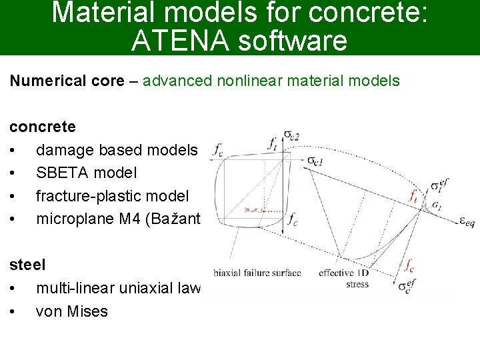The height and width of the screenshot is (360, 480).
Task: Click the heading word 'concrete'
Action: (43, 127)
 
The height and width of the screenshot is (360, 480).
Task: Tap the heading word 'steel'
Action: (27, 265)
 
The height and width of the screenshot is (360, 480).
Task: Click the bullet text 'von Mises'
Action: (71, 311)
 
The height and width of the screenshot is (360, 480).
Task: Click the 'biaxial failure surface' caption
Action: (257, 273)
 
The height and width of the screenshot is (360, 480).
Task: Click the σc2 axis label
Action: (292, 135)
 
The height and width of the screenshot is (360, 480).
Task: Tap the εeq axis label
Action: (466, 222)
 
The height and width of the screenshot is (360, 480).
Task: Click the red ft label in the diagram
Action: (415, 197)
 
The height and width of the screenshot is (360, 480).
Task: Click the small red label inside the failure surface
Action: (251, 209)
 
